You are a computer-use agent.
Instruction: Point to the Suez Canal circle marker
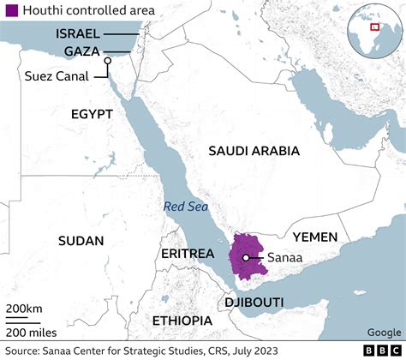pos(107,61)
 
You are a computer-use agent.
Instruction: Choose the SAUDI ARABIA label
pos(254,151)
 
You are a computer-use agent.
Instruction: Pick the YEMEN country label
pos(314,237)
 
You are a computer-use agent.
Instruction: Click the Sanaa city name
pos(282,257)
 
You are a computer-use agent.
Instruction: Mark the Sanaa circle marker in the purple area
pos(245,257)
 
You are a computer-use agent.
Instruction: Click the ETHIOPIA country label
pos(181,321)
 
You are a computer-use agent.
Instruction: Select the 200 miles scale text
pos(33,332)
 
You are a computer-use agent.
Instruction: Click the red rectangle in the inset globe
pos(374,26)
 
